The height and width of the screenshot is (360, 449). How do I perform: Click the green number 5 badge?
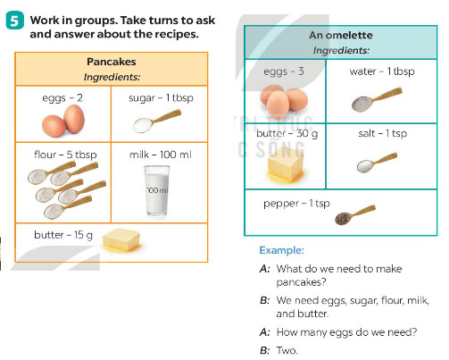(14, 21)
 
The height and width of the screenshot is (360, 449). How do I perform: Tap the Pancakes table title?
(112, 62)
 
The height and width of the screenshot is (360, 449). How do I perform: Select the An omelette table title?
(341, 35)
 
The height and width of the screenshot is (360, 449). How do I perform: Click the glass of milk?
(157, 190)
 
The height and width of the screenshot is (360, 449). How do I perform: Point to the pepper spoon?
(355, 214)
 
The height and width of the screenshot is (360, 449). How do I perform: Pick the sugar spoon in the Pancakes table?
(157, 121)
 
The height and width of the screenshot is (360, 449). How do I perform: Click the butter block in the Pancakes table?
(121, 240)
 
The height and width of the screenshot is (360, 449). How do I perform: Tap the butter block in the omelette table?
(285, 164)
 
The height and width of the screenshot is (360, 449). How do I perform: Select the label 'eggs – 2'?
(62, 98)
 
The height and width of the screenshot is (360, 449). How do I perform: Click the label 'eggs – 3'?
(284, 71)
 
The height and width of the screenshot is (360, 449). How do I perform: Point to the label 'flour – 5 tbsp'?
(65, 155)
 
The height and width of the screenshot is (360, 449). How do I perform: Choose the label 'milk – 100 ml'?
(160, 155)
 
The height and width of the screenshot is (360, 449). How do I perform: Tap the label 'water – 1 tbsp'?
(382, 71)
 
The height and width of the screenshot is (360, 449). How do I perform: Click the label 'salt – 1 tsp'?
(383, 133)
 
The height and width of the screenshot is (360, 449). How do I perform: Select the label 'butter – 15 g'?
(63, 235)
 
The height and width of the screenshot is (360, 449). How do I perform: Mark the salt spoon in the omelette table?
(377, 162)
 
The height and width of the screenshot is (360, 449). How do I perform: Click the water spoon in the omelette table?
(377, 99)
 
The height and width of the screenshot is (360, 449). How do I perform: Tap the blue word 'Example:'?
(281, 250)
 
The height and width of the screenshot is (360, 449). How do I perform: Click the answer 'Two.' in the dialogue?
(287, 350)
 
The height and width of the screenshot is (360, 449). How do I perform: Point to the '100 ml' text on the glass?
(157, 189)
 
